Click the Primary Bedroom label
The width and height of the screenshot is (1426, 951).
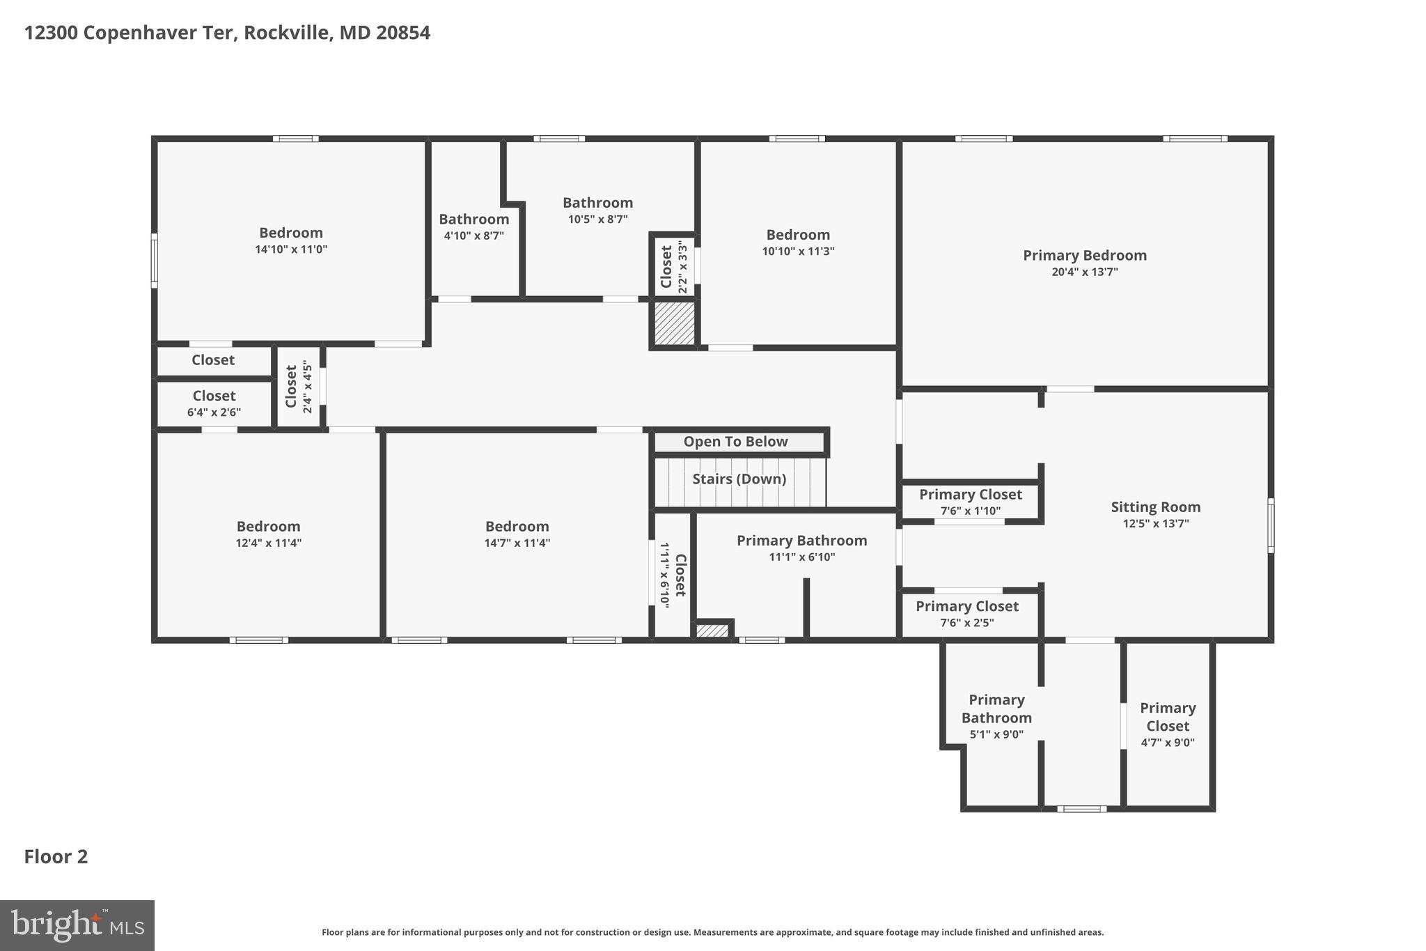coord(1084,256)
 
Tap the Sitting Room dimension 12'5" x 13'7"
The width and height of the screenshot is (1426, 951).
coord(1155,524)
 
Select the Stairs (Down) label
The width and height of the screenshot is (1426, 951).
coord(739,479)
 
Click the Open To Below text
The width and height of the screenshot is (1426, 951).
coord(735,442)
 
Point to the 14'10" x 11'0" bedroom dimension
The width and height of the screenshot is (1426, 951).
coord(291,249)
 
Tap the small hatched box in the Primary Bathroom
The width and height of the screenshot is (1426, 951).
coord(712,631)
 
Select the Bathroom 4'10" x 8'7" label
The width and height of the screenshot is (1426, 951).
coord(473,219)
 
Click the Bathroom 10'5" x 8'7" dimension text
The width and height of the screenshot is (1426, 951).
coord(597,219)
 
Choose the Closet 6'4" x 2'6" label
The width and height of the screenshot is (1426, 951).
coord(214,396)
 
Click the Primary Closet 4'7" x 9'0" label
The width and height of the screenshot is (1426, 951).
coord(1168,717)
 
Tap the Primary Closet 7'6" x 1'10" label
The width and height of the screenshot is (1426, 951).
coord(970,495)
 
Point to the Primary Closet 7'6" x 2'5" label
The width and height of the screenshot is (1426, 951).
coord(966,607)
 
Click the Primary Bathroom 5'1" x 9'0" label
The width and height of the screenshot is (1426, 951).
coord(996,709)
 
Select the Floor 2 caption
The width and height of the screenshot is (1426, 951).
coord(56,856)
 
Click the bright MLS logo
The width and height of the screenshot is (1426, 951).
coord(77,925)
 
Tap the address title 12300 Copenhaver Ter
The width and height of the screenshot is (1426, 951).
coord(227,33)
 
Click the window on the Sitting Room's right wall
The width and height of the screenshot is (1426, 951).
coord(1271,525)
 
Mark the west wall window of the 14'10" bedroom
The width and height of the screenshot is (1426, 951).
coord(155,261)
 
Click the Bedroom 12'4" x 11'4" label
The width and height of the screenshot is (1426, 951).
coord(268,527)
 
